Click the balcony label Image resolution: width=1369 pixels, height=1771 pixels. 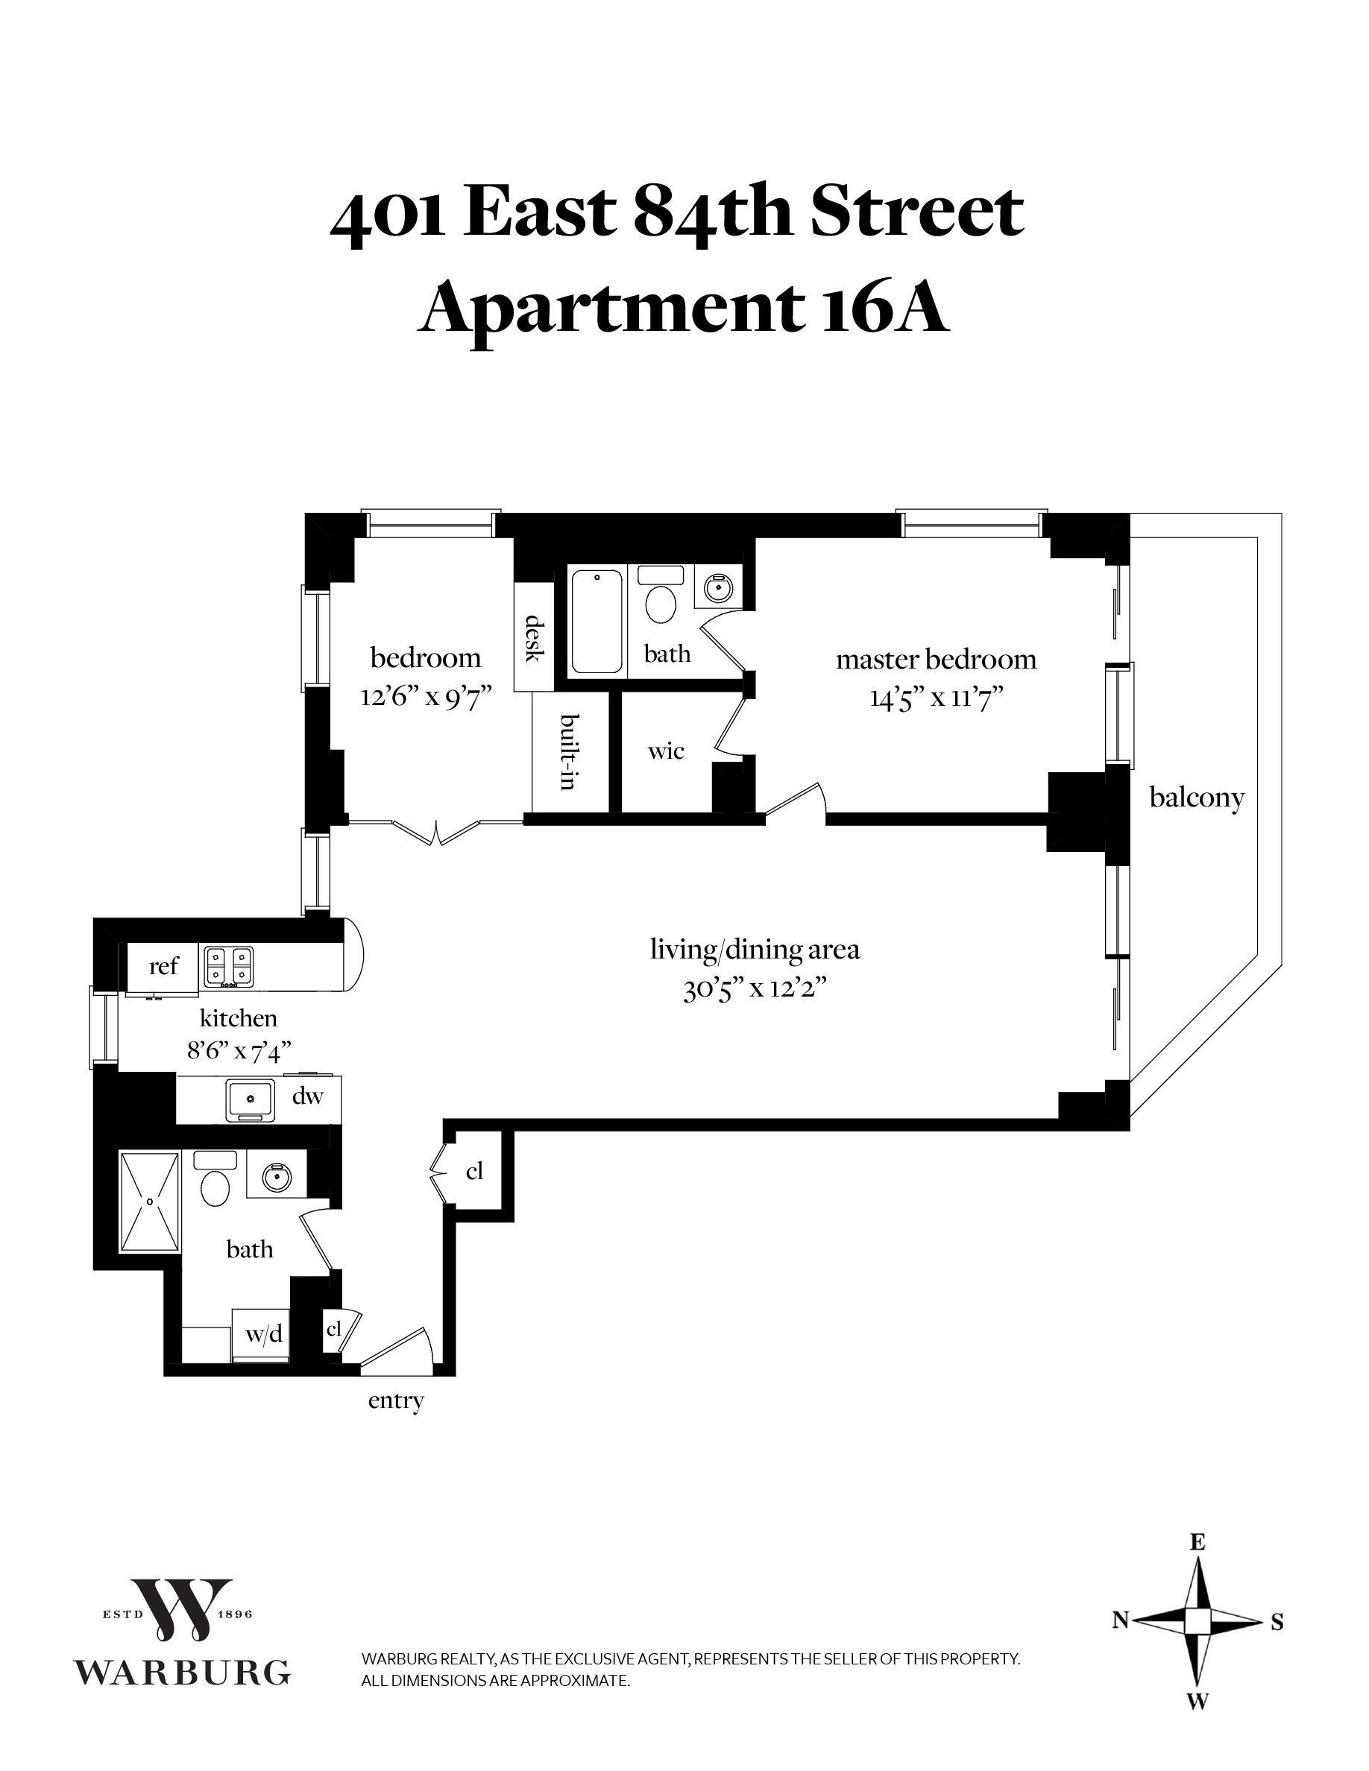1196,798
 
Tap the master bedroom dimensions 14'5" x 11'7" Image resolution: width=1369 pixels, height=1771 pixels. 937,697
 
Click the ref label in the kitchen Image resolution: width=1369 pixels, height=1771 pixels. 163,966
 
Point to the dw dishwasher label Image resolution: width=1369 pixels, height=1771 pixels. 307,1096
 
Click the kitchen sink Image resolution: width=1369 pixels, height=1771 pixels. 251,1099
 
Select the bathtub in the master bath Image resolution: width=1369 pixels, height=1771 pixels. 597,621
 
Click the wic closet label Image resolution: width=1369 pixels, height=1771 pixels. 665,751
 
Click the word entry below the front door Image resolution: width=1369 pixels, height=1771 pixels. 396,1401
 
